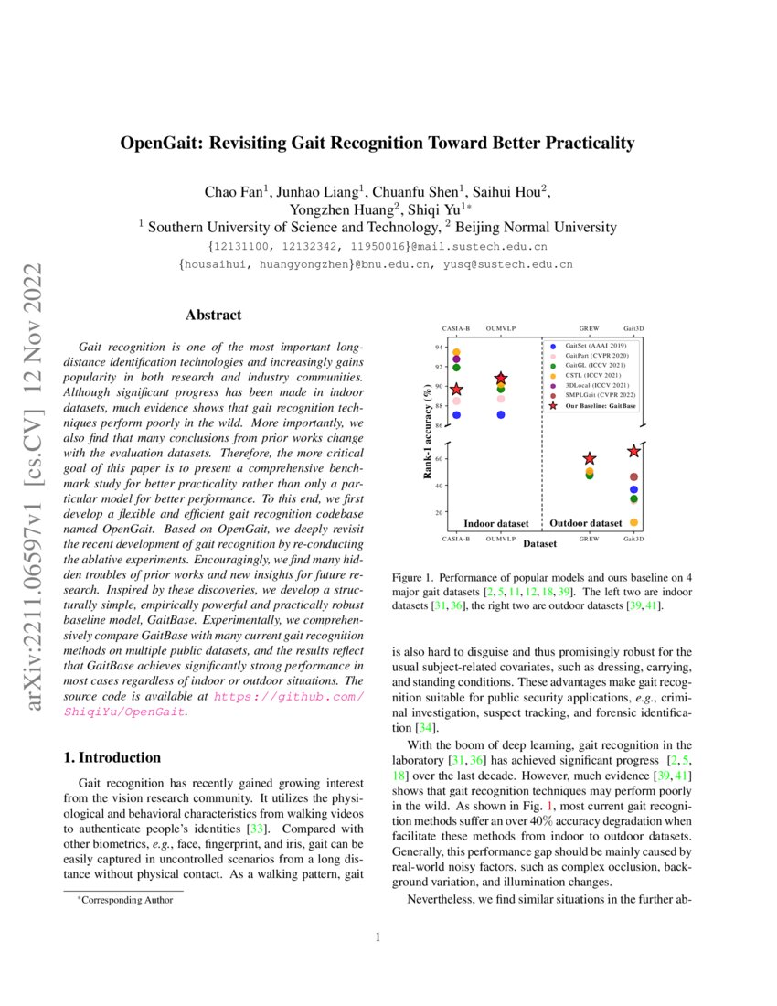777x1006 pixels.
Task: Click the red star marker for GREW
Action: pyautogui.click(x=590, y=458)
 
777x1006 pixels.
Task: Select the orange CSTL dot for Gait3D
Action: pyautogui.click(x=633, y=522)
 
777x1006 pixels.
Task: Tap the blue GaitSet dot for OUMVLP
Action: pyautogui.click(x=501, y=414)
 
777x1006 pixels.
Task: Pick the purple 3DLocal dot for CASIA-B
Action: pyautogui.click(x=456, y=359)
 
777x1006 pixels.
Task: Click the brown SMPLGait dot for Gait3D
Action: pyautogui.click(x=633, y=477)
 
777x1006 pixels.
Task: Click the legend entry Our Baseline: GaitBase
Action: pyautogui.click(x=601, y=404)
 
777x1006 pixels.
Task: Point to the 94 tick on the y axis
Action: pyautogui.click(x=438, y=348)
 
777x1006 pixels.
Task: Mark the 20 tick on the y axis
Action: pyautogui.click(x=438, y=512)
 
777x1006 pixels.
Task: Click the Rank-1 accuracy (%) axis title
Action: pyautogui.click(x=426, y=430)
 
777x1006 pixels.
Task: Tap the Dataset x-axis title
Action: pyautogui.click(x=540, y=545)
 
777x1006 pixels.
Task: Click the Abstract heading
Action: pyautogui.click(x=213, y=316)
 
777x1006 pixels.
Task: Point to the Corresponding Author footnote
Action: pyautogui.click(x=123, y=900)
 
